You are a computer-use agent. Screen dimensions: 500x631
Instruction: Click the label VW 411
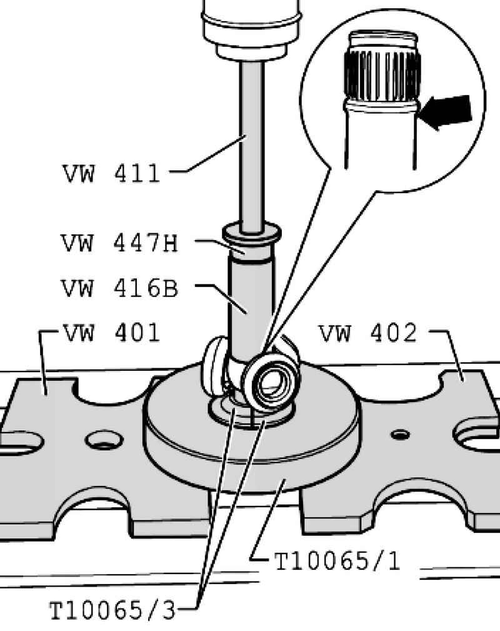pos(111,173)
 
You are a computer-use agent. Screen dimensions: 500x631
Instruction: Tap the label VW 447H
pos(119,243)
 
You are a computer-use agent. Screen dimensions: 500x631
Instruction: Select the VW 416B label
pos(119,288)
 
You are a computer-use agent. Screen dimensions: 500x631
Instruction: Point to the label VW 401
pos(111,333)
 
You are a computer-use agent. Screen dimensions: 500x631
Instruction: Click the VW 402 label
pos(367,333)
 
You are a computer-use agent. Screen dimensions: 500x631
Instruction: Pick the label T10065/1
pos(337,561)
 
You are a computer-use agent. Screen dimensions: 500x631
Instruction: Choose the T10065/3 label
pos(112,610)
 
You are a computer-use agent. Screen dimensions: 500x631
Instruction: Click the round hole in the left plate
pos(104,440)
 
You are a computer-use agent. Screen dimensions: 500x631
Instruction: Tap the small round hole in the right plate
pos(401,435)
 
